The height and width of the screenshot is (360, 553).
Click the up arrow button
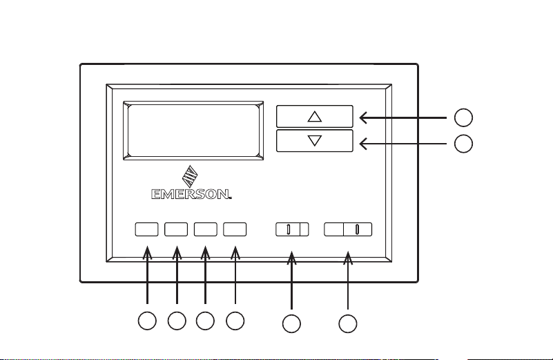pyautogui.click(x=315, y=116)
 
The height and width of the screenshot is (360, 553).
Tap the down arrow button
pyautogui.click(x=315, y=141)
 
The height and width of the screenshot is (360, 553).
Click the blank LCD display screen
pyautogui.click(x=193, y=131)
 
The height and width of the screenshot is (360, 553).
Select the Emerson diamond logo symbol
pyautogui.click(x=190, y=176)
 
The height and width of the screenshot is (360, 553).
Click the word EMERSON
pyautogui.click(x=191, y=194)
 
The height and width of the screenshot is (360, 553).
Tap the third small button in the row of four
pyautogui.click(x=206, y=229)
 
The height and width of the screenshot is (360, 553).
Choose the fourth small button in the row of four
pyautogui.click(x=235, y=229)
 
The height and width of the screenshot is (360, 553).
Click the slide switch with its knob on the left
pyautogui.click(x=292, y=229)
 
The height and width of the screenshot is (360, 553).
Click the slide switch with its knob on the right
pyautogui.click(x=348, y=229)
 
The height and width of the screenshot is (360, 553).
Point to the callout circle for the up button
pyautogui.click(x=463, y=117)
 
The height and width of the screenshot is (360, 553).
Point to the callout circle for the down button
pyautogui.click(x=463, y=144)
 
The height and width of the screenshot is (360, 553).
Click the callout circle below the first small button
pyautogui.click(x=147, y=321)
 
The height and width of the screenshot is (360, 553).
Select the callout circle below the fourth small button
pyautogui.click(x=235, y=321)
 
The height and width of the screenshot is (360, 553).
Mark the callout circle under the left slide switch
pyautogui.click(x=291, y=323)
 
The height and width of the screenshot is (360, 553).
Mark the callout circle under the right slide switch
pyautogui.click(x=348, y=323)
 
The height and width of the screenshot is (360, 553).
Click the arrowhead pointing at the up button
pyautogui.click(x=363, y=117)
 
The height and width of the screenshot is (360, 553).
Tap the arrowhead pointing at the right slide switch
pyautogui.click(x=348, y=257)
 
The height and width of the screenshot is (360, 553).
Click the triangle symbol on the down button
pyautogui.click(x=315, y=140)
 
